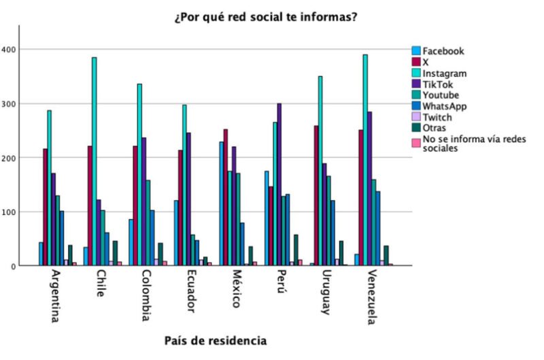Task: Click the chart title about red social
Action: [266, 16]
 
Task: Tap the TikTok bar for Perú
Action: [279, 184]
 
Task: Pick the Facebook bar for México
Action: [222, 203]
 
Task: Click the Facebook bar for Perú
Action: [267, 218]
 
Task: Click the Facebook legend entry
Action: [443, 51]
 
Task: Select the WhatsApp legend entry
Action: [444, 106]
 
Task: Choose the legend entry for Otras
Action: [435, 129]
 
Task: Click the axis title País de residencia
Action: [216, 340]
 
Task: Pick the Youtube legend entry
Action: [441, 95]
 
